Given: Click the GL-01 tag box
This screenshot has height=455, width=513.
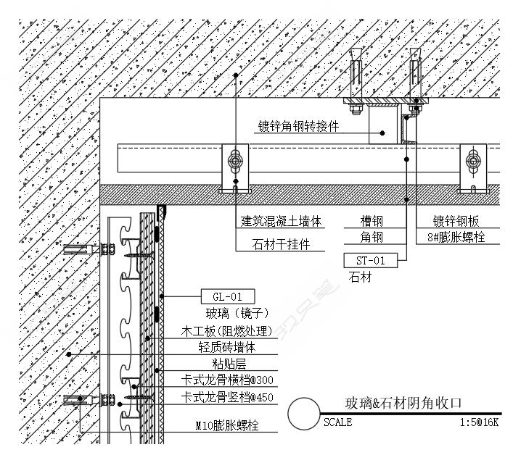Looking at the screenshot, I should click(x=227, y=296).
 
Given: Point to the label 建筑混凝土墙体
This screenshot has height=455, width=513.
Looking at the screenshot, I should click(x=281, y=221).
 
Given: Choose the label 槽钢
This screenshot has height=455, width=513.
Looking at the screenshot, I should click(x=372, y=221).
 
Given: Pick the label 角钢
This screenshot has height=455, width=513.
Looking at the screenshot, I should click(x=372, y=237).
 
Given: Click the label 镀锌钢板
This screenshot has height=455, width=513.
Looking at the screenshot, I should click(x=456, y=221).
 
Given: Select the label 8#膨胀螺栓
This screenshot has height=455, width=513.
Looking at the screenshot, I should click(x=456, y=237).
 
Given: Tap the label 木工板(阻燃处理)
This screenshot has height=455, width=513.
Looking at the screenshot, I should click(x=226, y=332).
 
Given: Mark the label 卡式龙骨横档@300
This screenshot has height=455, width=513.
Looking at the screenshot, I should click(x=227, y=380).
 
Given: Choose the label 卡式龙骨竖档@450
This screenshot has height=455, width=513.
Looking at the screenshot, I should click(x=227, y=396).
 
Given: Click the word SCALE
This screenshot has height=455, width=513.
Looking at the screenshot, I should click(x=337, y=422).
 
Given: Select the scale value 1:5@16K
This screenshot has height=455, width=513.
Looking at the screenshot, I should click(x=478, y=422).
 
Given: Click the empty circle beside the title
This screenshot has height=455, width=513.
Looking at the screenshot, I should click(x=303, y=414).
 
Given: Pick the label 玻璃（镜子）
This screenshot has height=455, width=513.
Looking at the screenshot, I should click(x=227, y=313).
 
